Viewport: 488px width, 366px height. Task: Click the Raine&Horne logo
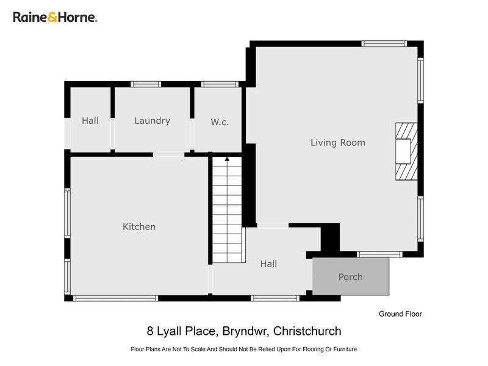tap(55, 17)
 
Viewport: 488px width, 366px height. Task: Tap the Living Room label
tap(337, 143)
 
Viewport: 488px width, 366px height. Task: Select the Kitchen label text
tap(139, 227)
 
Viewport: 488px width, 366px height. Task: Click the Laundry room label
tap(152, 121)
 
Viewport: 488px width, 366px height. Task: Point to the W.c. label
tap(220, 122)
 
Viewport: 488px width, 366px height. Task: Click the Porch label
tap(350, 277)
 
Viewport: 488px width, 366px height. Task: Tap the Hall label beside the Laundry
tap(90, 121)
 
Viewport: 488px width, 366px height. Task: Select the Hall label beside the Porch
tap(268, 264)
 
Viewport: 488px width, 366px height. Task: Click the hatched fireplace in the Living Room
tap(406, 151)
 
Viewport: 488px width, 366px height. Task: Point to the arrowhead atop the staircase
tap(227, 159)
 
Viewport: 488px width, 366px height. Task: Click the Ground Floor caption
tap(400, 314)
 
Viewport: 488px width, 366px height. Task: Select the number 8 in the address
tap(150, 332)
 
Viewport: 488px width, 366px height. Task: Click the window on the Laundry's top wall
tap(146, 84)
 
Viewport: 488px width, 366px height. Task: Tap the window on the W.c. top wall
tap(220, 84)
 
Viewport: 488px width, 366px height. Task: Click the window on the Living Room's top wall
tap(384, 44)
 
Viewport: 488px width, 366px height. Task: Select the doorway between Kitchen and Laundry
tap(168, 154)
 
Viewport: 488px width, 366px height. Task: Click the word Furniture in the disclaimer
tap(343, 350)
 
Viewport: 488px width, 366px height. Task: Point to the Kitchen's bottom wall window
tap(115, 298)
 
